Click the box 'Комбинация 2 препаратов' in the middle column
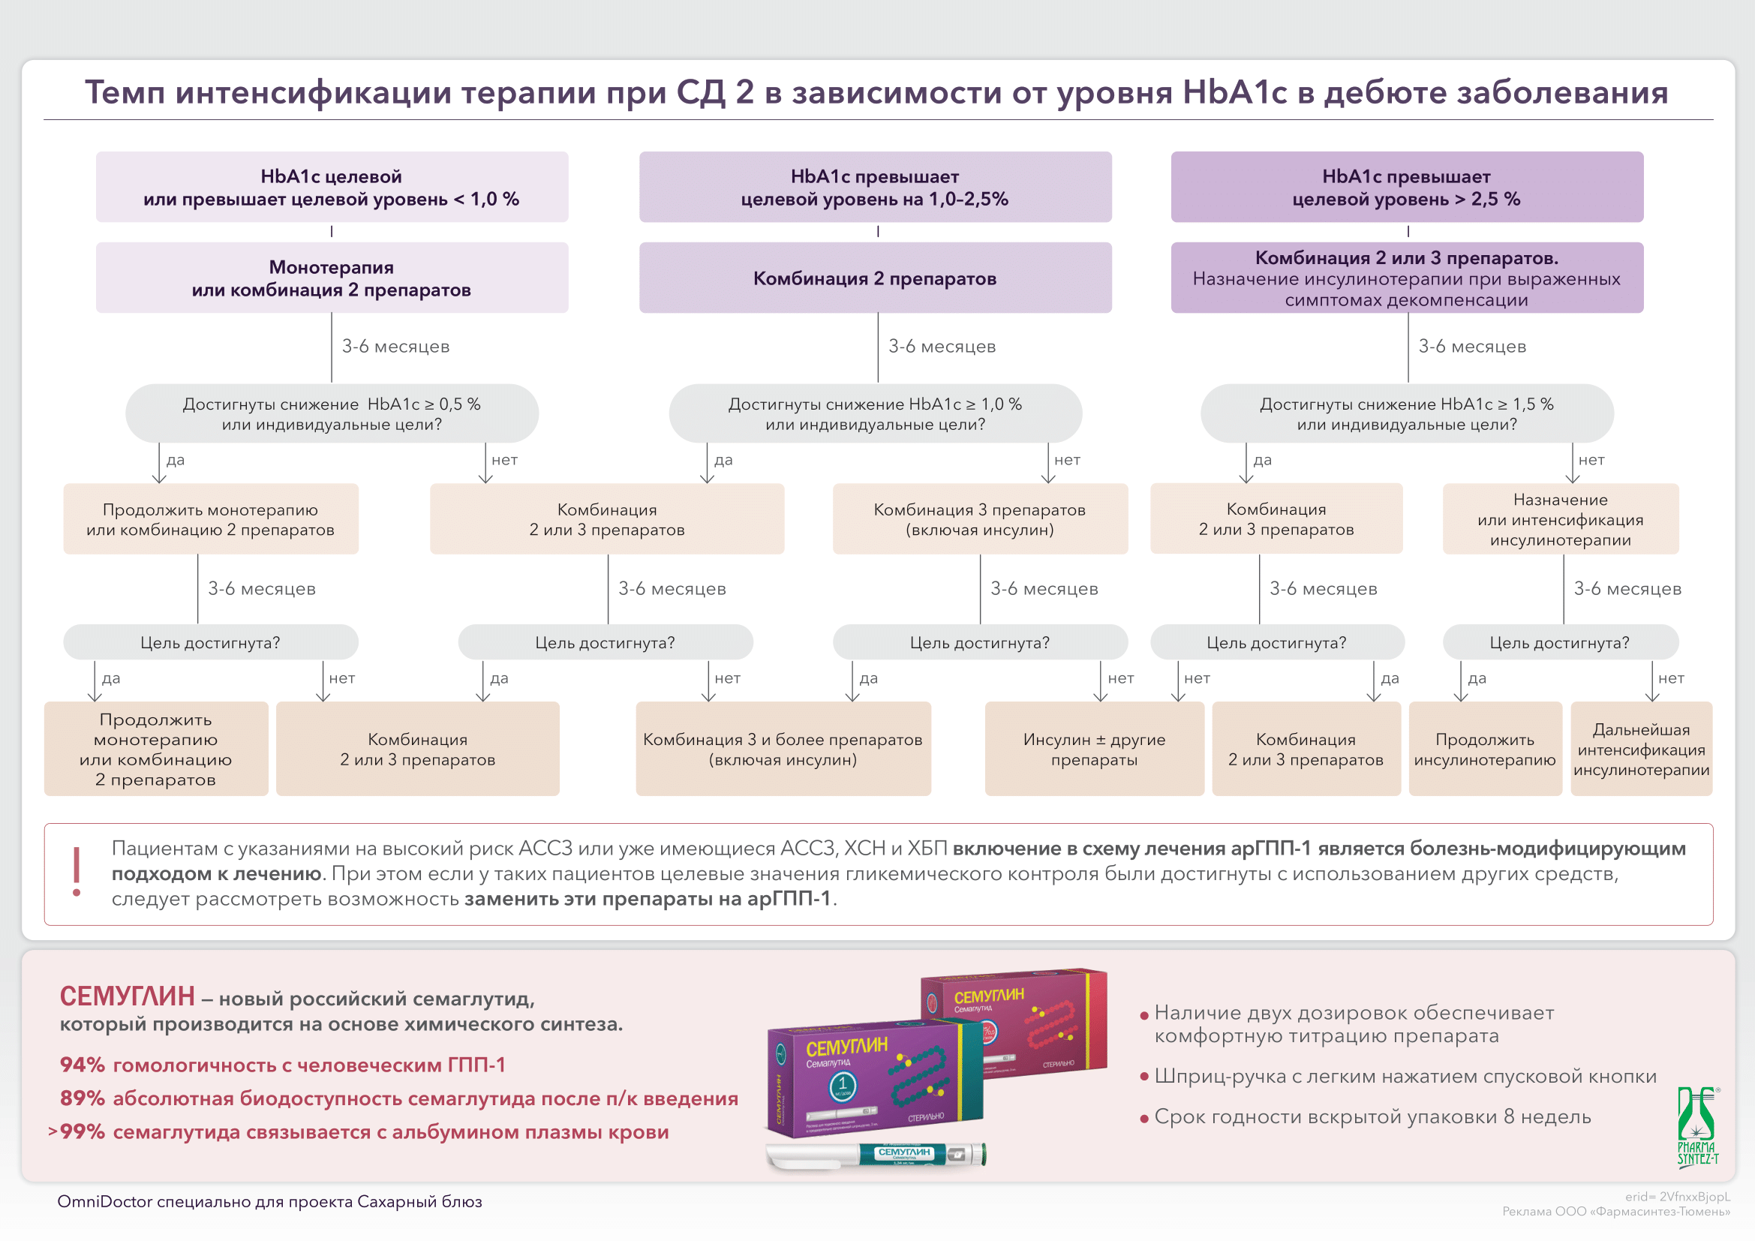point(874,278)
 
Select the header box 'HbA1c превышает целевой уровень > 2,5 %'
point(1405,188)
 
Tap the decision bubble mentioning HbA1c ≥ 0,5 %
point(332,413)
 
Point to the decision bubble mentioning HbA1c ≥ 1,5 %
point(1405,413)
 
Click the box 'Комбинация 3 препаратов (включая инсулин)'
point(979,519)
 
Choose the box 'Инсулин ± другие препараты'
point(1094,749)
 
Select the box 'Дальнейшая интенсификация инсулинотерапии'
point(1640,749)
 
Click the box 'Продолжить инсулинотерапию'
point(1484,749)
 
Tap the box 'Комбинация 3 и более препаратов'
point(783,749)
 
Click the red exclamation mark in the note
point(77,872)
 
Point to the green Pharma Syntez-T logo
point(1698,1127)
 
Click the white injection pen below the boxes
point(875,1155)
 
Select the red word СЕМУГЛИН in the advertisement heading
point(127,996)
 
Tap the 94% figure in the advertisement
point(82,1065)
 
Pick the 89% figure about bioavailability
point(82,1098)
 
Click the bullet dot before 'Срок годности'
point(1144,1119)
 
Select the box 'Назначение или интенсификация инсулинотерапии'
point(1560,519)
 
